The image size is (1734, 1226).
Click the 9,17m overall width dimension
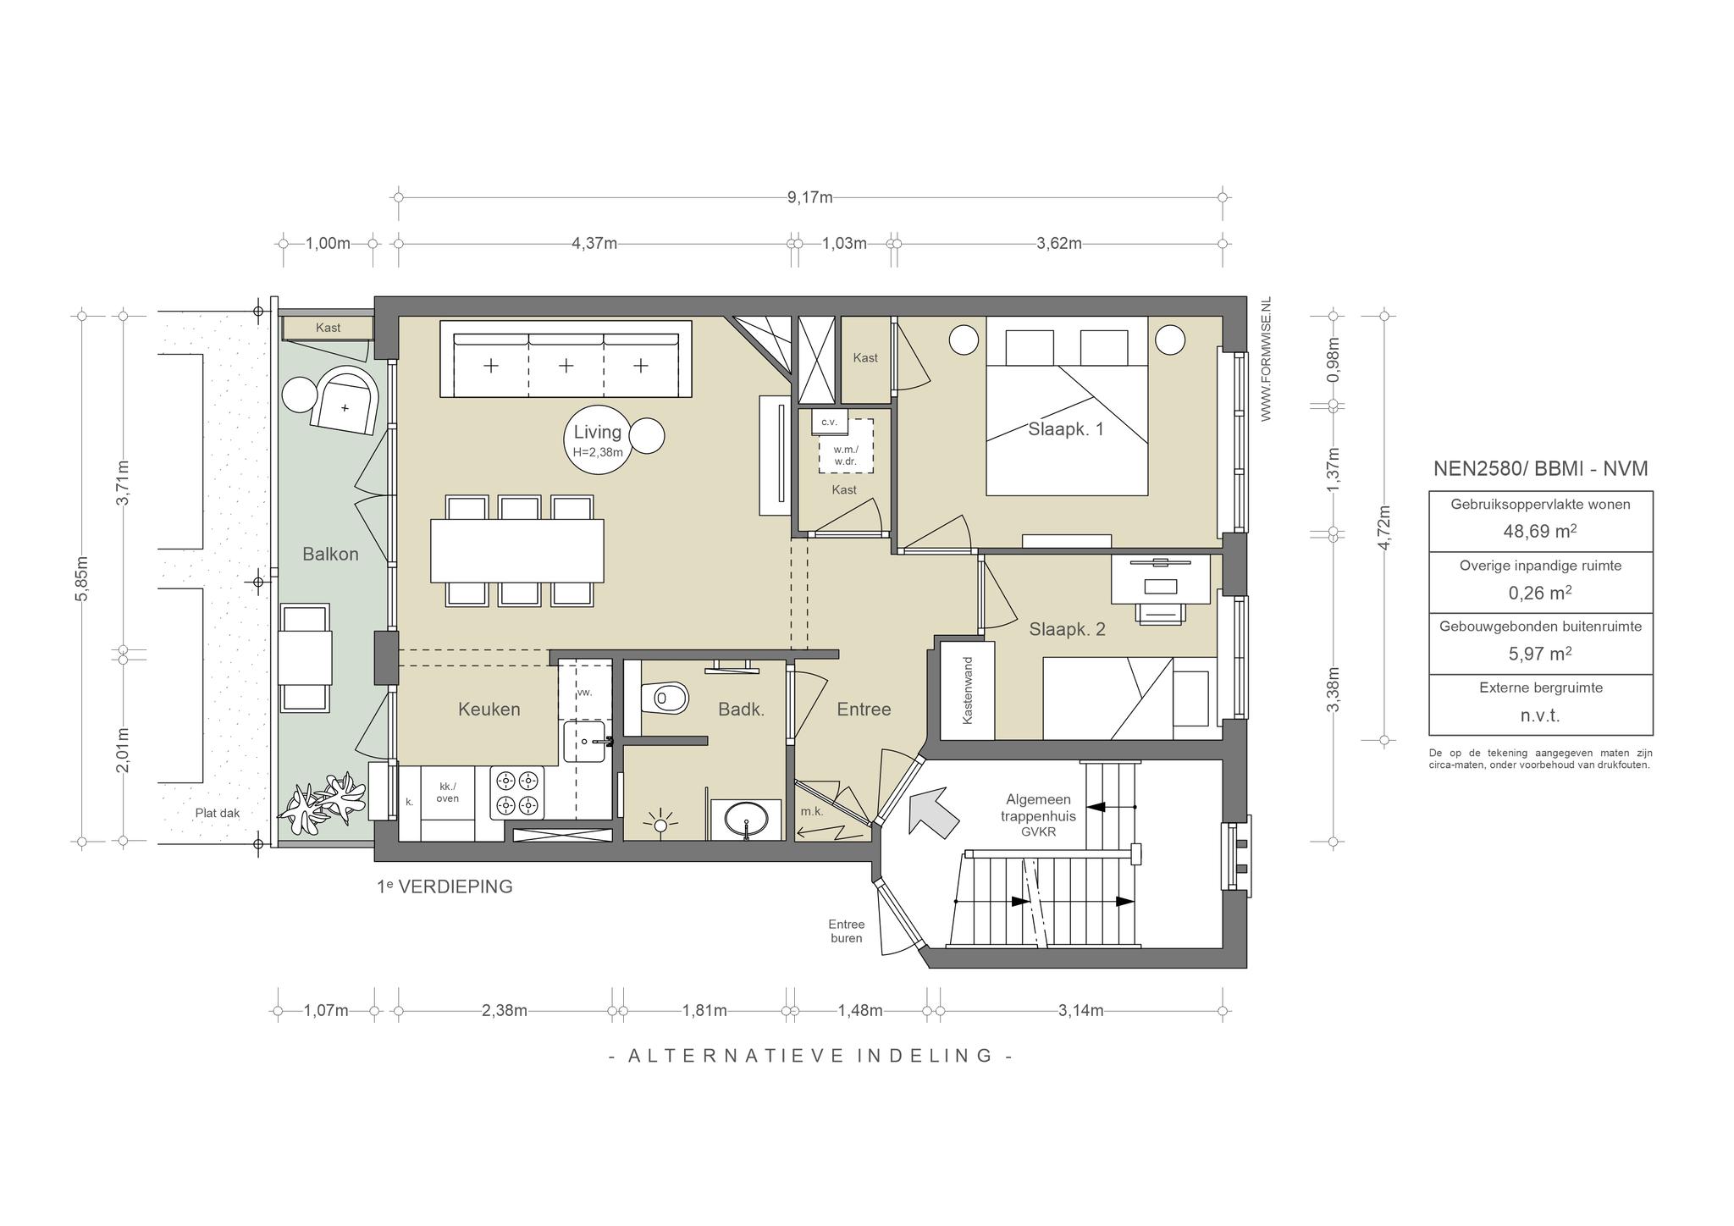(809, 197)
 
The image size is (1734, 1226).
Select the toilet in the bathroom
(665, 699)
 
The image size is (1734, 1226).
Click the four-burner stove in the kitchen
(518, 792)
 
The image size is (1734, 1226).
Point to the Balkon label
(330, 555)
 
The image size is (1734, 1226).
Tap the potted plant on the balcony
(325, 799)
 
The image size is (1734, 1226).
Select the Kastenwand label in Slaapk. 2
(968, 690)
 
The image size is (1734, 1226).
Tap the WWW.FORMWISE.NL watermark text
(1266, 359)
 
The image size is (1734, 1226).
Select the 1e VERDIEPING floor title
(445, 886)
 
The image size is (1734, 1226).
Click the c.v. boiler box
(830, 421)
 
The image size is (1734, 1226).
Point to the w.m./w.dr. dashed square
(846, 446)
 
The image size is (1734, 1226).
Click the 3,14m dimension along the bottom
(1080, 1010)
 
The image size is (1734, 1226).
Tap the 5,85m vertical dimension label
(81, 578)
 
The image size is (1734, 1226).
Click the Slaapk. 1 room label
(1066, 429)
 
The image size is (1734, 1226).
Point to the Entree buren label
(847, 931)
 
